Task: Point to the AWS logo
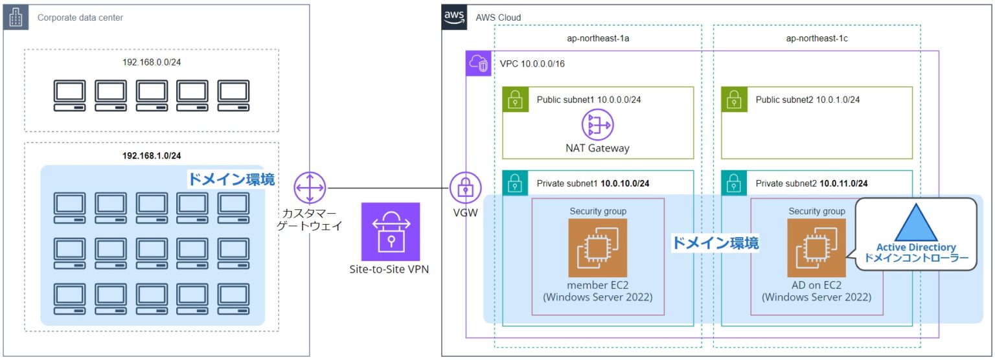[x=454, y=17]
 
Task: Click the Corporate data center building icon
[x=16, y=17]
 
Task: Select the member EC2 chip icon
[x=597, y=247]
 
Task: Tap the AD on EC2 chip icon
[x=816, y=247]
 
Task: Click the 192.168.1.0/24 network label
[x=152, y=155]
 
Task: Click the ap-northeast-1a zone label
[x=598, y=39]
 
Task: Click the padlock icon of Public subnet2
[x=733, y=99]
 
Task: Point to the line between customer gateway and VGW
[x=389, y=188]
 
